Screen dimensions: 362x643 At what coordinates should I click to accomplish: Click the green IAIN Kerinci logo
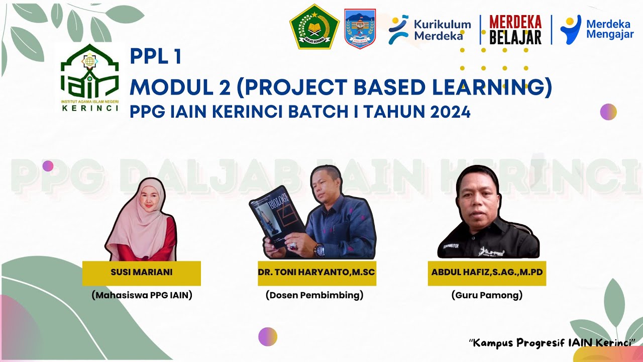point(89,75)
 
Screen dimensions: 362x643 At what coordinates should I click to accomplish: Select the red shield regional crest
point(360,28)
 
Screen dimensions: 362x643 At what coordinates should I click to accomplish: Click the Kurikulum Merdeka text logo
point(430,29)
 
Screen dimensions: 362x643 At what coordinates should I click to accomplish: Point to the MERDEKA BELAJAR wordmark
point(515,29)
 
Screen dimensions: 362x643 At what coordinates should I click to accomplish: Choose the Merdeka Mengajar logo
point(597,29)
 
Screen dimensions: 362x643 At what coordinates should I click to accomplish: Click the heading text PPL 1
point(155,57)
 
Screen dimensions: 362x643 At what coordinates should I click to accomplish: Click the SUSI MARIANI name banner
point(141,273)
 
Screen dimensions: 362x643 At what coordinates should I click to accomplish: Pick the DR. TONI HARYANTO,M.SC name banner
point(316,273)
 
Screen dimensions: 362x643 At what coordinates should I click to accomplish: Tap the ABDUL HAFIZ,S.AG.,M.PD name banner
point(487,273)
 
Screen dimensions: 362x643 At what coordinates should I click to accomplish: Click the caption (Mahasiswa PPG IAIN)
point(142,296)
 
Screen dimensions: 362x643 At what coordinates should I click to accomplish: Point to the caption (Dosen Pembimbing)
point(314,296)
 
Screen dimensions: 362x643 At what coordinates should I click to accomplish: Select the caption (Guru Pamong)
point(487,296)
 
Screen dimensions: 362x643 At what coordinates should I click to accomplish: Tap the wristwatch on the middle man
point(320,250)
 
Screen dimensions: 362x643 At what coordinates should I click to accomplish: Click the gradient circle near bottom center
point(268,336)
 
